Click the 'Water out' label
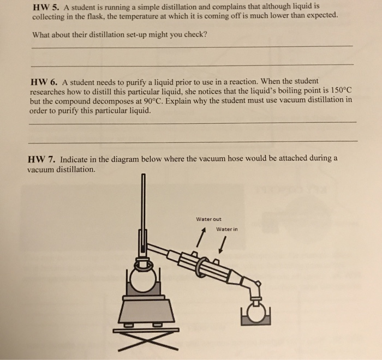pyautogui.click(x=208, y=219)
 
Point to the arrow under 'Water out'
pyautogui.click(x=202, y=237)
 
